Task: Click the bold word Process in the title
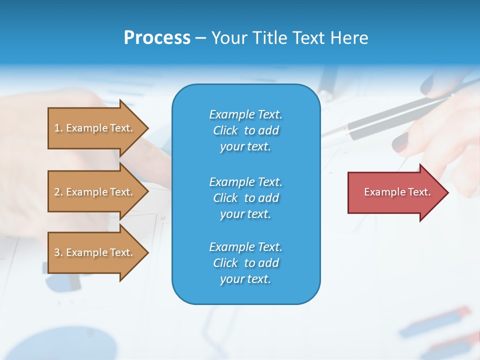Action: click(157, 37)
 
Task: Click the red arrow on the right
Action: click(395, 192)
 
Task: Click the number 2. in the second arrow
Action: click(58, 192)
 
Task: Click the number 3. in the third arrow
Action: click(58, 252)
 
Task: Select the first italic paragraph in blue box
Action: click(245, 130)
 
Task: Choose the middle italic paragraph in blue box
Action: click(245, 198)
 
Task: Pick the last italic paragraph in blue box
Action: click(245, 263)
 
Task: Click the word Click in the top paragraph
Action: click(225, 130)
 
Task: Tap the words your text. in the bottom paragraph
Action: click(245, 279)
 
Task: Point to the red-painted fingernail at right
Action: click(400, 143)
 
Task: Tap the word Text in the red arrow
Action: click(419, 192)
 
